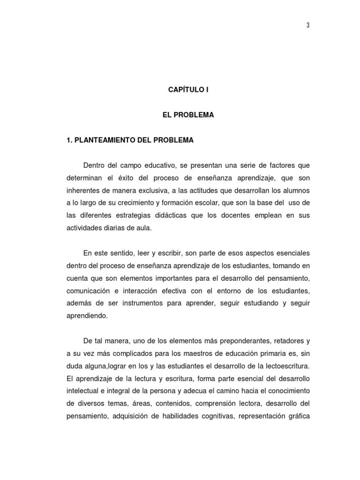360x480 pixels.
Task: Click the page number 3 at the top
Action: pos(308,25)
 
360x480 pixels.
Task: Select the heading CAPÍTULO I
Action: pos(188,90)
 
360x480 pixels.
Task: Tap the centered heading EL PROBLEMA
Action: pos(188,115)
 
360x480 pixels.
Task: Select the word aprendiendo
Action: pos(87,315)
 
